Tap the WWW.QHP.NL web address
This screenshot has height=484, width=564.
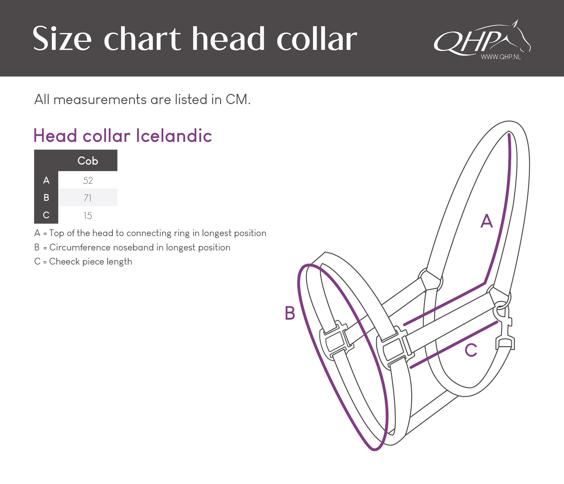click(x=501, y=57)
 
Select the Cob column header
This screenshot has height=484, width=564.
click(x=88, y=161)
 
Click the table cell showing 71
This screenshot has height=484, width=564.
click(x=88, y=198)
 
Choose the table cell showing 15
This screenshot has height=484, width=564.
click(x=88, y=215)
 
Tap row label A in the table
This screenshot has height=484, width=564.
click(x=46, y=180)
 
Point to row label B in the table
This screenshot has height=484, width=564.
click(x=46, y=198)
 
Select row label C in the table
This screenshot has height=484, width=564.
click(x=46, y=215)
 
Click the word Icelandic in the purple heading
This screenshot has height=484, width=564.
click(x=174, y=135)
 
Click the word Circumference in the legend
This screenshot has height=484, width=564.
click(x=80, y=247)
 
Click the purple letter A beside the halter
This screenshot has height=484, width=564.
click(x=487, y=221)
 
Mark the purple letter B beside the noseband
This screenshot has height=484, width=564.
click(x=290, y=313)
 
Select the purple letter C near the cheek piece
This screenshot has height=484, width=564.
click(x=471, y=350)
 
